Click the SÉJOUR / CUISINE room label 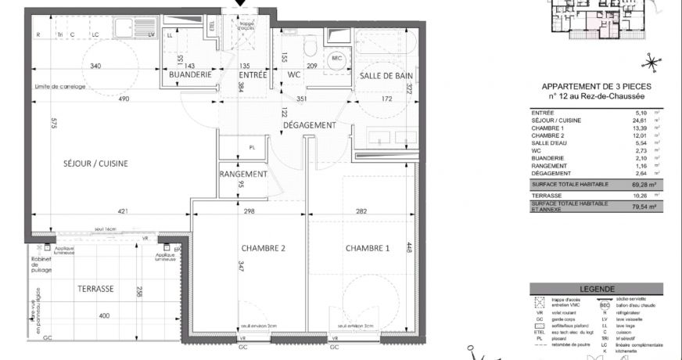[x=95, y=164]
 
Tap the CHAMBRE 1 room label [x=367, y=248]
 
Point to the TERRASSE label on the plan [x=95, y=289]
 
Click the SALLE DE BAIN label [x=386, y=75]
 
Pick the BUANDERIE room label [x=191, y=75]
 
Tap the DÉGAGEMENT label [x=310, y=125]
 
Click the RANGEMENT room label [x=243, y=174]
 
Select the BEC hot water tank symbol [x=338, y=59]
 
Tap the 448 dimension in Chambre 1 [x=408, y=247]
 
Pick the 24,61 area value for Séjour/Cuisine [x=639, y=121]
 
